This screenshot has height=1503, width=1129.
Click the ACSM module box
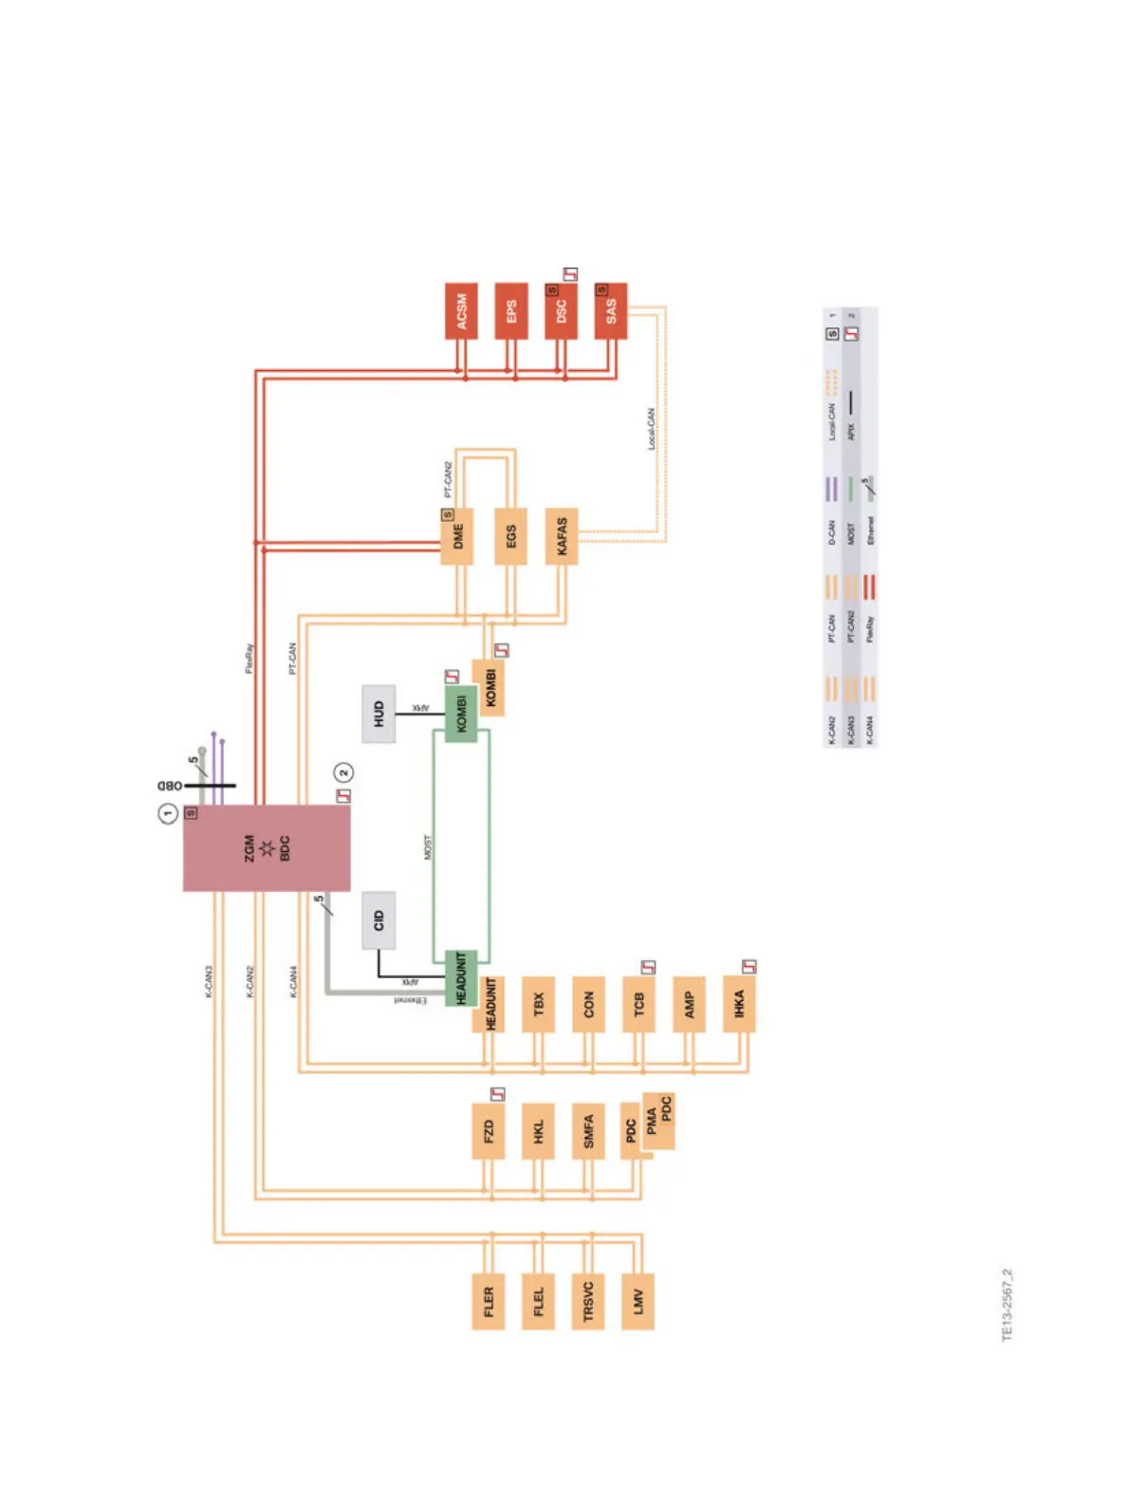coord(461,311)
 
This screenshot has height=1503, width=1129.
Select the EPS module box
coord(511,311)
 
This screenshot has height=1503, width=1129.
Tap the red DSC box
coord(561,311)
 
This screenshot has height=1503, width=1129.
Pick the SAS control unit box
coord(611,311)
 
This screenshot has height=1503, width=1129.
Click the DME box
coord(457,537)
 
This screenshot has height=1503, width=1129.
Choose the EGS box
coord(511,537)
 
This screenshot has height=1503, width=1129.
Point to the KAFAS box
coord(562,537)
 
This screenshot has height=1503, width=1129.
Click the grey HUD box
coord(379,714)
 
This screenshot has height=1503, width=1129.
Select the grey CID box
coord(379,920)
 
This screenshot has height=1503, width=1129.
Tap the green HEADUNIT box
coord(462,978)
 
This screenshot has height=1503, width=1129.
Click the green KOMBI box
coord(462,714)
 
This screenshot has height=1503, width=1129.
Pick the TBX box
coord(538,1004)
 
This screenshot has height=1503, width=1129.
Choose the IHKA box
coord(739,1004)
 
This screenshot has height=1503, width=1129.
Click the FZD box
coord(488,1131)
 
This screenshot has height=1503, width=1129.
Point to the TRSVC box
coord(588,1301)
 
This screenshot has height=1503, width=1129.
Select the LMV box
coord(639,1301)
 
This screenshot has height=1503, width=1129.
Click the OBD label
coord(170,786)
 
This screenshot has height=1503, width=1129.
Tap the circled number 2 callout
coord(343,773)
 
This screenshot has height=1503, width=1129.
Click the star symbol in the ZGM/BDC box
coord(267,848)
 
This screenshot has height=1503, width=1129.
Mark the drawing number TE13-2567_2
coord(1008,1305)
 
